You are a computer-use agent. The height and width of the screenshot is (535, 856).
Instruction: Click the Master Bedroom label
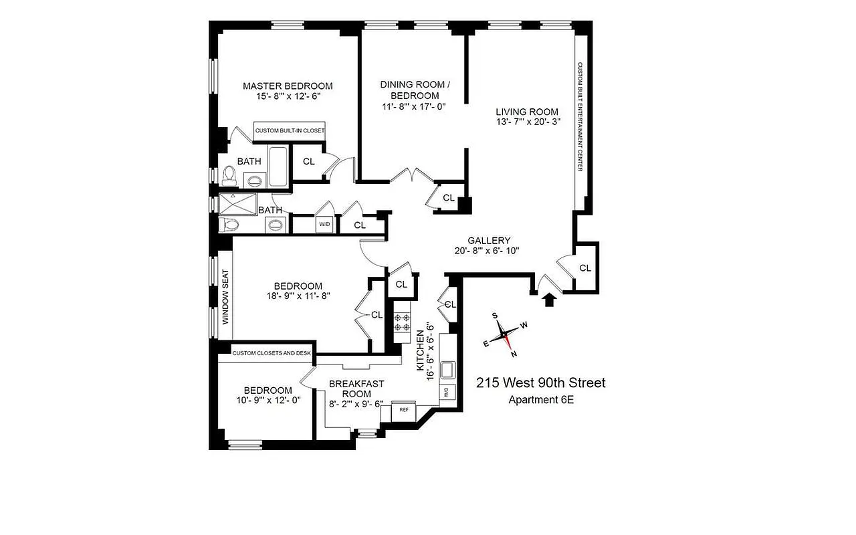click(288, 86)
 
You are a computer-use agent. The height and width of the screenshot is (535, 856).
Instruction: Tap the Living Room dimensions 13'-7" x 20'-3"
click(527, 122)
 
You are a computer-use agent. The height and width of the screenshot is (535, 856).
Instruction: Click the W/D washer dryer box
click(324, 224)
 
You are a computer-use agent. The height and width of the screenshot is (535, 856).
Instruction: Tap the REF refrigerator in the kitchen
click(404, 409)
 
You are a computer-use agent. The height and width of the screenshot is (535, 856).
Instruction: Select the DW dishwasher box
click(444, 393)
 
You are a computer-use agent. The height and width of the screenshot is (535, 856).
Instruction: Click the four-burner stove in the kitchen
click(402, 322)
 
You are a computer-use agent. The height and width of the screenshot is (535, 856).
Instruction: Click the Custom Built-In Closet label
click(290, 131)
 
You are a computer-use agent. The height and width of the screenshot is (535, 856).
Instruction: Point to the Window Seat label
click(226, 297)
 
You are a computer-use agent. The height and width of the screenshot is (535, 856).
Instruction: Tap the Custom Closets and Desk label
click(266, 353)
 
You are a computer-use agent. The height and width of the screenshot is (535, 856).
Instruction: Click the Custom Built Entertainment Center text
click(580, 116)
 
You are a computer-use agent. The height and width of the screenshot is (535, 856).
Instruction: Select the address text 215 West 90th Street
click(540, 383)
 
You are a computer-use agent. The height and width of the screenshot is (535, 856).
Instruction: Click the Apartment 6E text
click(541, 401)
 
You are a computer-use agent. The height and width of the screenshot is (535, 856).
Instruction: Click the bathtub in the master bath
click(278, 167)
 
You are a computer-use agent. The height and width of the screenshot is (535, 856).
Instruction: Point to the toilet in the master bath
click(229, 176)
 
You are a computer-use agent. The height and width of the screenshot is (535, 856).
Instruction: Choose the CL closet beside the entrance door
click(585, 267)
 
